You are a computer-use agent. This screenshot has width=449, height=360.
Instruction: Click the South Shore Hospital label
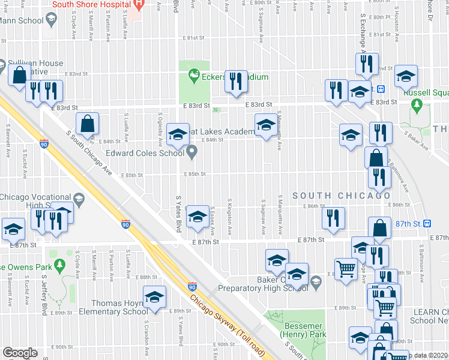point(91,4)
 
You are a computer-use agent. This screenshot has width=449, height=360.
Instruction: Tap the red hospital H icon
point(139,5)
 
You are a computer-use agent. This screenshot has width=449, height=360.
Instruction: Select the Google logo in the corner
point(20,353)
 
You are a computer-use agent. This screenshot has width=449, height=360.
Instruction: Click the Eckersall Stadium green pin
point(193,76)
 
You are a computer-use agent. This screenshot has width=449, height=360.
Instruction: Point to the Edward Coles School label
point(145,153)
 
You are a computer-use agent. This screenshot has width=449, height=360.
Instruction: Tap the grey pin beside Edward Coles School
point(192,152)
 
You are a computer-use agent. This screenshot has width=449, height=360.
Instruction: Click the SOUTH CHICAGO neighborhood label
point(342,196)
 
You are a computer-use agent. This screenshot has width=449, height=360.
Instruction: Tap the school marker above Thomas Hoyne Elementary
point(154,297)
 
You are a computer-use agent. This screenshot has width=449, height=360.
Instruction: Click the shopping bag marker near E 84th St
point(88,124)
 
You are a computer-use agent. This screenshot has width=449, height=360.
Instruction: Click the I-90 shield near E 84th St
point(44,144)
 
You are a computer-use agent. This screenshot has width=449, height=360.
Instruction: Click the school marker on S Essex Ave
point(197,216)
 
